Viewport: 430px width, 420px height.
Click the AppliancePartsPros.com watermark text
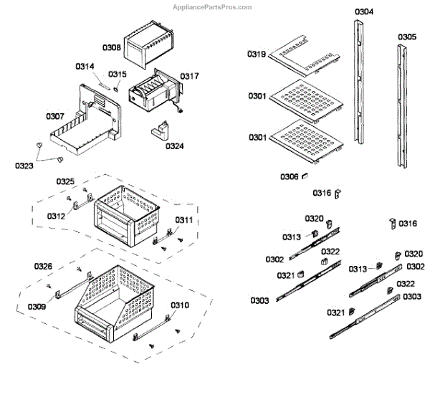coord(214,7)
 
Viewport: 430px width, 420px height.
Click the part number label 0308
coord(111,47)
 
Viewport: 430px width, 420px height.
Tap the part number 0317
coord(190,76)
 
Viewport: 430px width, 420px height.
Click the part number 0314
coord(85,67)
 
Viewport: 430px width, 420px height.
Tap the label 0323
coord(24,166)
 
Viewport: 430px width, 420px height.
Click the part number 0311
coord(183,220)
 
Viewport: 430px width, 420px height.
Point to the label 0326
coord(43,267)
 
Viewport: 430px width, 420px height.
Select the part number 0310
coord(180,305)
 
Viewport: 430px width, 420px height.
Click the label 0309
coord(37,307)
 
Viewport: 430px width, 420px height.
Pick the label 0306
coord(290,176)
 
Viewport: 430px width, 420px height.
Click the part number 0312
coord(57,215)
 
